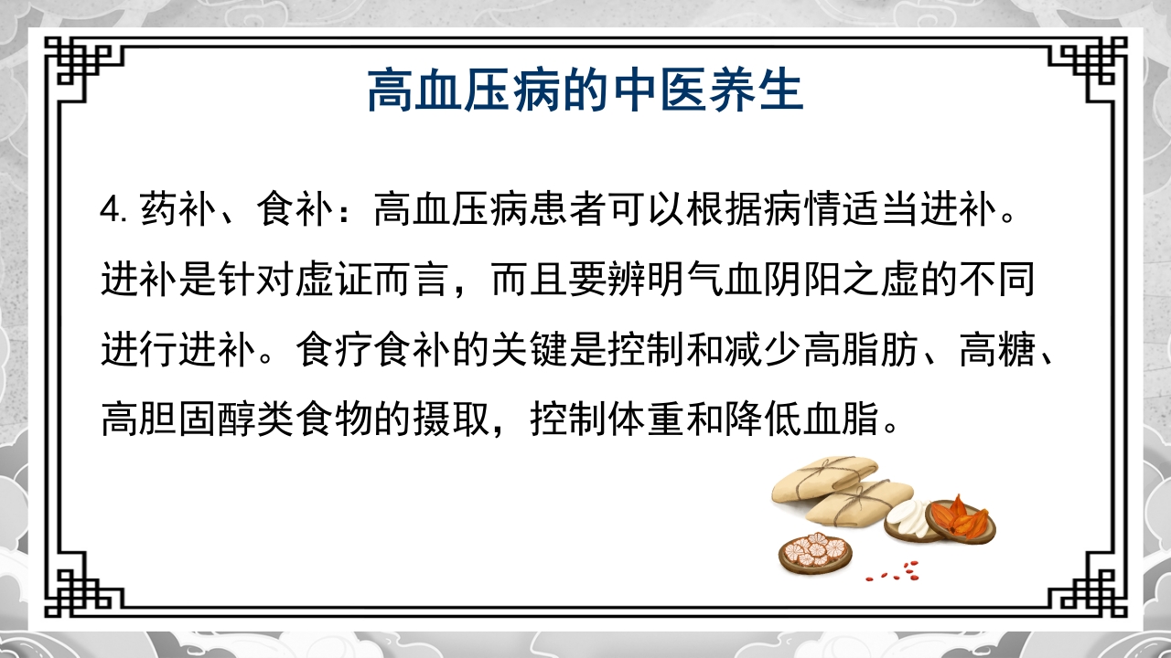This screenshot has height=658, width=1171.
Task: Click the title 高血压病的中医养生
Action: (585, 91)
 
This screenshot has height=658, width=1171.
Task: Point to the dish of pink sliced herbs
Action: (814, 551)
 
